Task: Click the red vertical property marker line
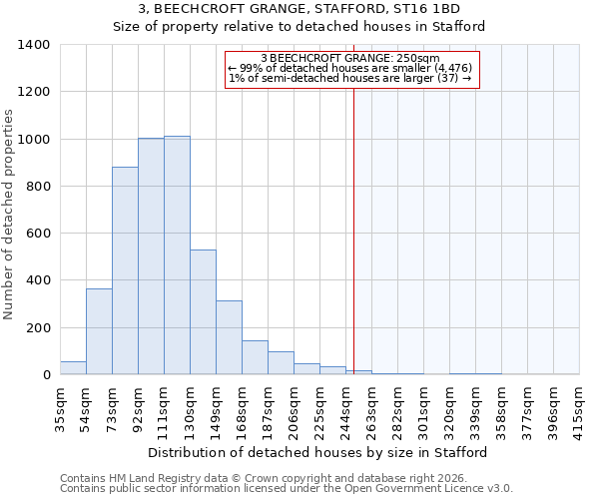point(353,249)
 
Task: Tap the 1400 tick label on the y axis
point(34,45)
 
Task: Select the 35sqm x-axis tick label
point(59,409)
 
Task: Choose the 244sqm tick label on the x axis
point(344,409)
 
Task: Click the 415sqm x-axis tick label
point(578,409)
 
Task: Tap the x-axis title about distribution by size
point(318,453)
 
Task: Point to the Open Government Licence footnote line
point(287,489)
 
